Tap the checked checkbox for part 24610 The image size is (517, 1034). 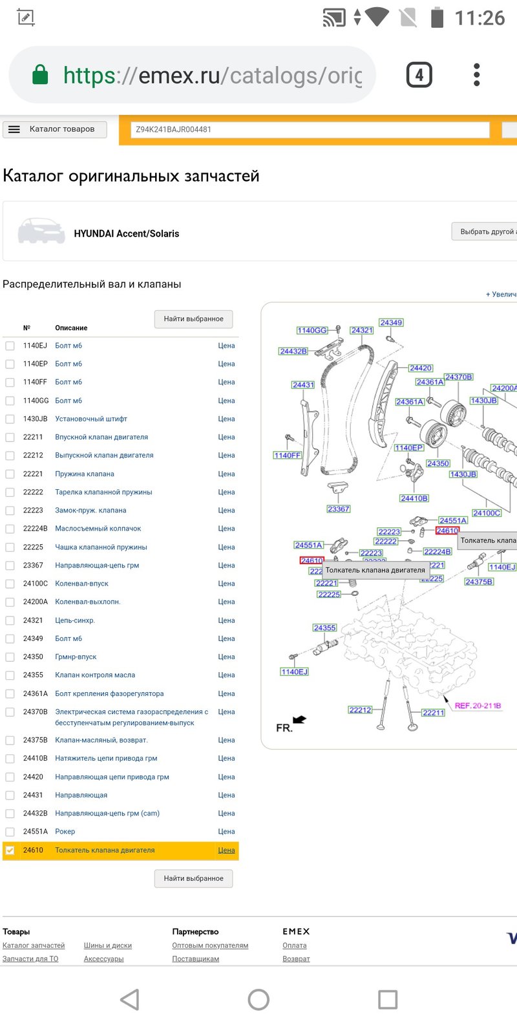click(10, 850)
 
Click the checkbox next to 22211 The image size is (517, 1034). click(10, 437)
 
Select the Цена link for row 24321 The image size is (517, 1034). click(226, 620)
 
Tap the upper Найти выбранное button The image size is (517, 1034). click(193, 319)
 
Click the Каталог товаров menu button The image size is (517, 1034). click(55, 129)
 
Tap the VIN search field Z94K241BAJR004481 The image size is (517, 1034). click(310, 130)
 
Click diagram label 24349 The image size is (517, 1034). click(391, 322)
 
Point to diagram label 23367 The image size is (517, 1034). click(339, 509)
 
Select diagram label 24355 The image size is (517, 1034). click(324, 628)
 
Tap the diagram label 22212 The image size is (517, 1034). click(360, 710)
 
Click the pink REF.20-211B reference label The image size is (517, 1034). click(478, 706)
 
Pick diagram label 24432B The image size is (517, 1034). click(293, 352)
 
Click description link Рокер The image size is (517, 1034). click(65, 831)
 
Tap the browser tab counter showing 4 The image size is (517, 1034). click(419, 75)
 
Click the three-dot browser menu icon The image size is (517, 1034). click(477, 75)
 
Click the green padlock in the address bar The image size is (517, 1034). click(40, 74)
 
